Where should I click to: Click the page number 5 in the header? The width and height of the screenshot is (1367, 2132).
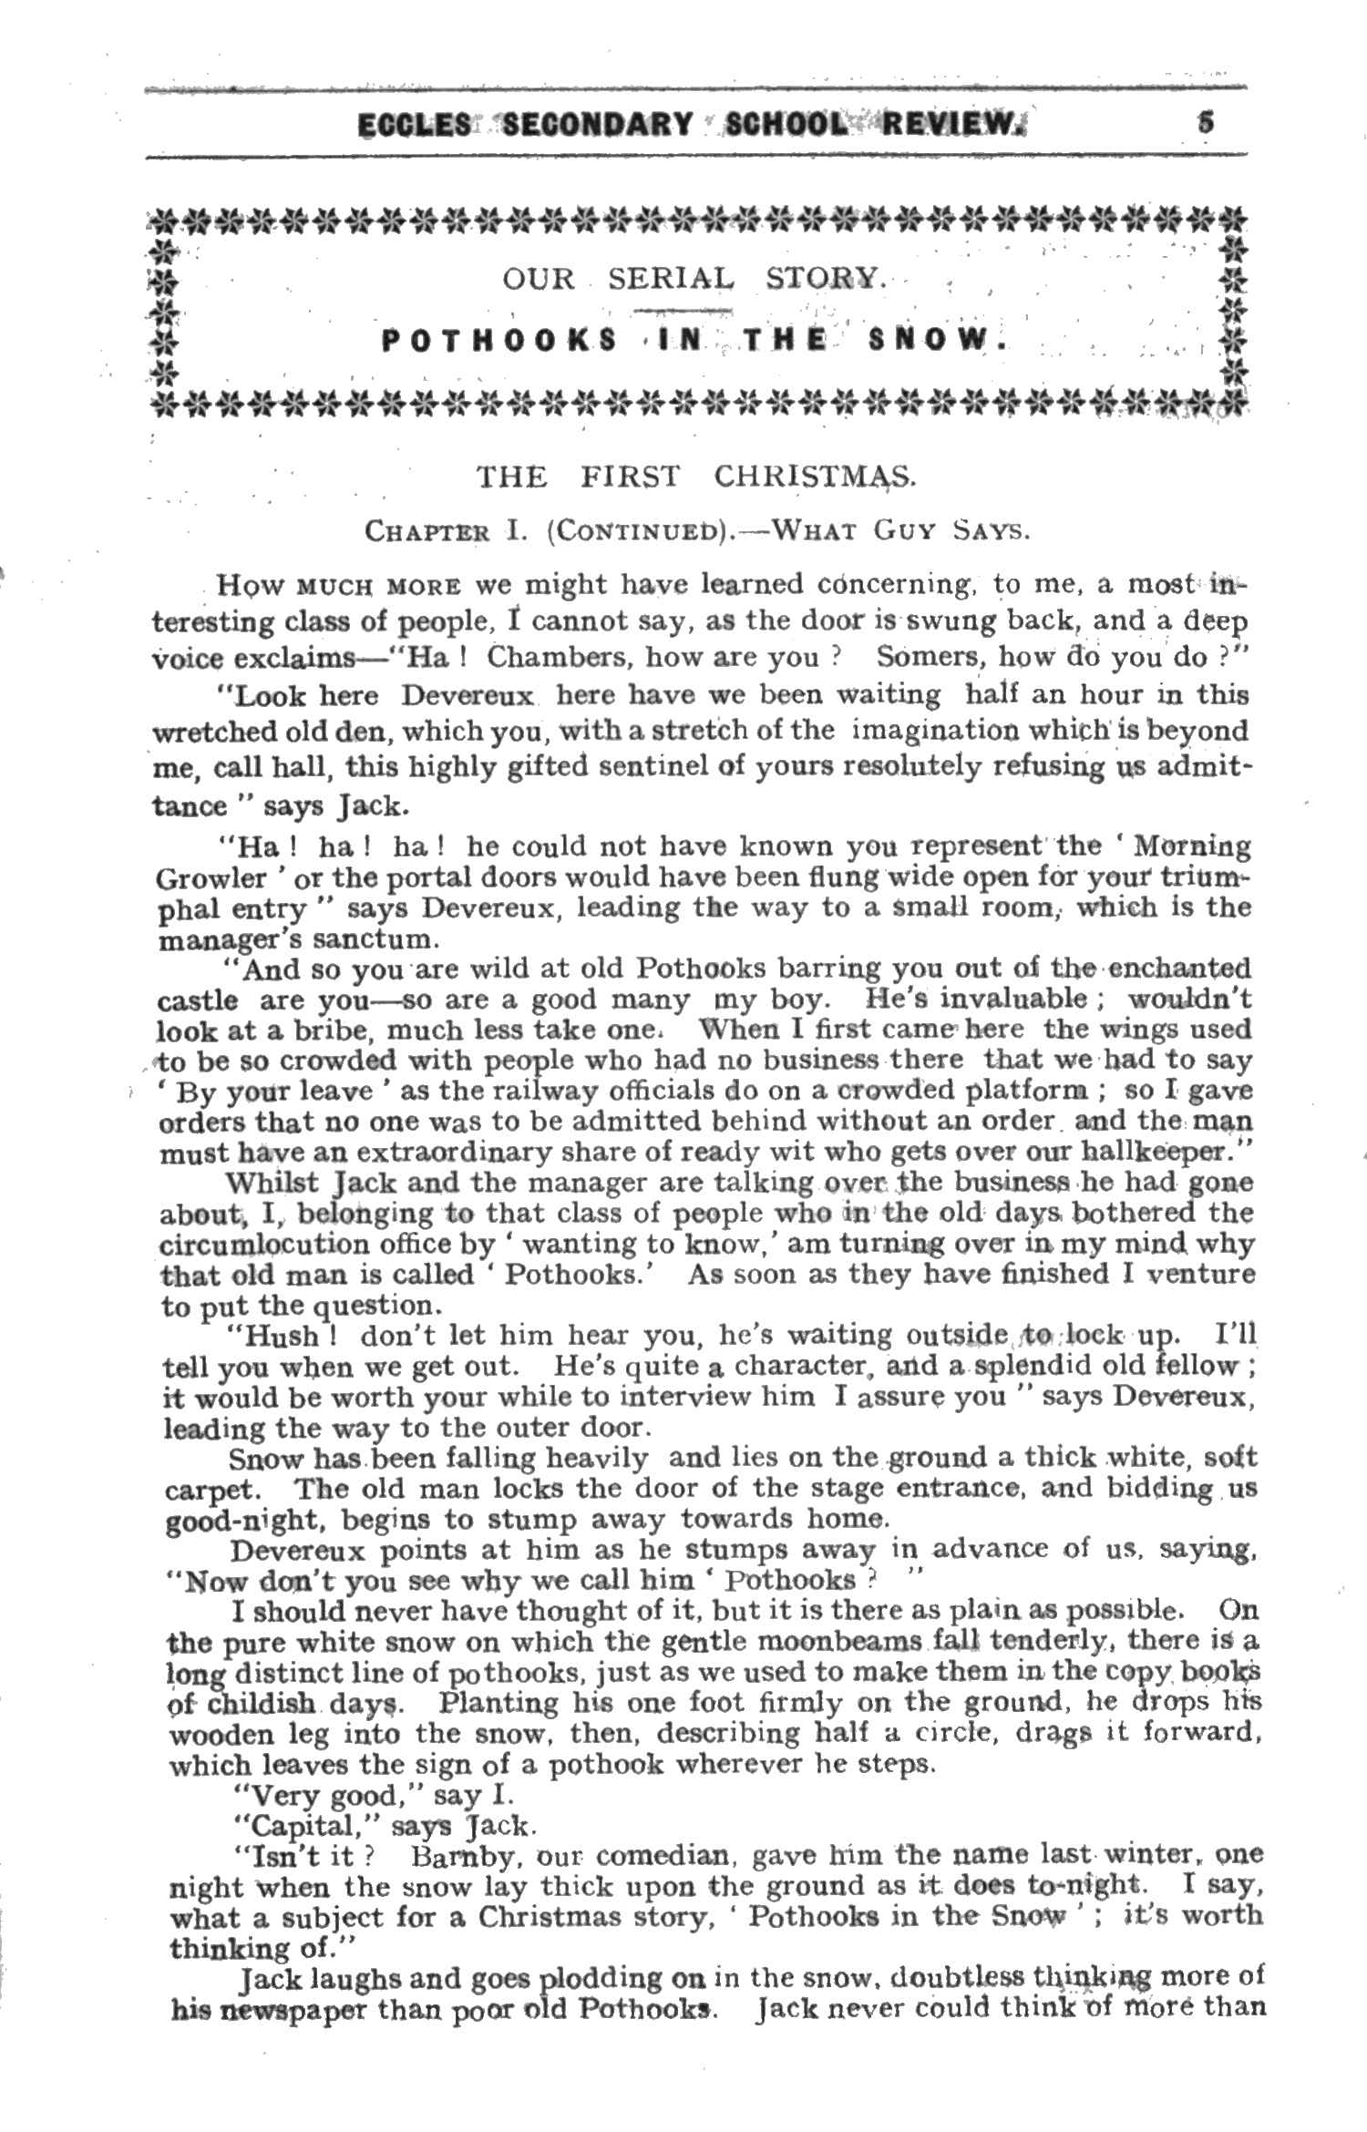click(1205, 122)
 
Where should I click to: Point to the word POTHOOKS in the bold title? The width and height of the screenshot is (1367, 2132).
click(498, 342)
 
